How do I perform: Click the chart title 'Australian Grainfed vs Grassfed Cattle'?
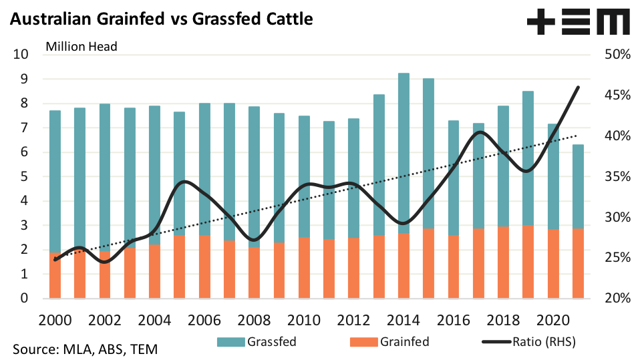(161, 19)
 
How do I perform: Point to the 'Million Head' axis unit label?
(82, 46)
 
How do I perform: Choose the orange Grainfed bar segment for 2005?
(180, 267)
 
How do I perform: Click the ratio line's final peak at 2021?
(578, 87)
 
